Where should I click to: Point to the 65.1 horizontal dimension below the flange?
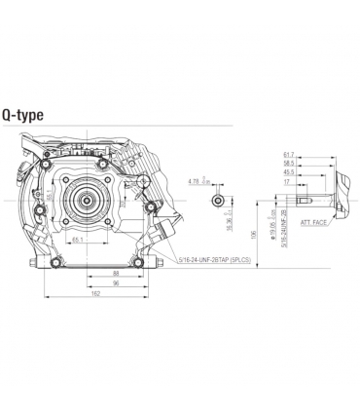click(77, 238)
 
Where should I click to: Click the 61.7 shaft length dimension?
click(287, 155)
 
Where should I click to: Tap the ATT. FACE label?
click(313, 223)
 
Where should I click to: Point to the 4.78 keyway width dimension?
click(193, 181)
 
